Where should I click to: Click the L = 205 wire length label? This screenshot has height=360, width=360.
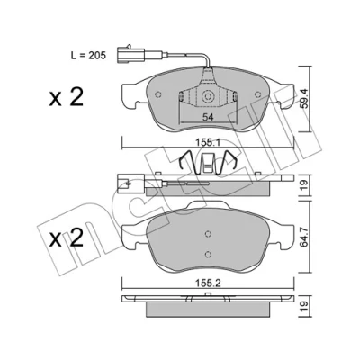point(88,56)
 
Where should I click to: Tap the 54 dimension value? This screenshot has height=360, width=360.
point(208,117)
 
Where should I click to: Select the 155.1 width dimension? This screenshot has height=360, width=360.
point(208,142)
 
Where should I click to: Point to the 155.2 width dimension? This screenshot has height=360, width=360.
point(208,283)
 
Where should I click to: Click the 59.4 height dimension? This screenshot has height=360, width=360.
point(305,99)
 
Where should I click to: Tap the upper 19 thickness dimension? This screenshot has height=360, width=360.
point(304,185)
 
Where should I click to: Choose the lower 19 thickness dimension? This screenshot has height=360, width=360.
point(304,306)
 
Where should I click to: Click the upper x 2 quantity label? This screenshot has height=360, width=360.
point(66,97)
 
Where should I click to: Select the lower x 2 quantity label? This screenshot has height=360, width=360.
point(66,238)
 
